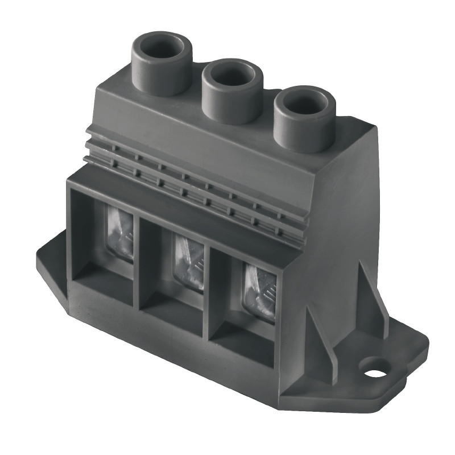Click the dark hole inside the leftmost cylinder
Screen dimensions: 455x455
click(162, 48)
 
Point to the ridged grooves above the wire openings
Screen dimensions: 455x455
click(188, 176)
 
